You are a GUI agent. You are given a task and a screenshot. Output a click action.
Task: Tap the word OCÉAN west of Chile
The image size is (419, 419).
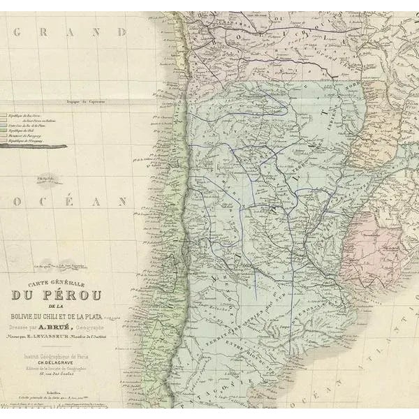tap(71, 202)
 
